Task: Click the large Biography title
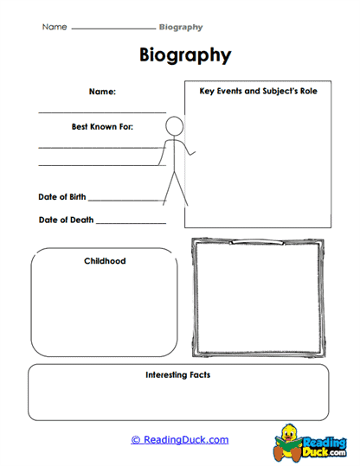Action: point(185,55)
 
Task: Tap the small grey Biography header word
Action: point(182,28)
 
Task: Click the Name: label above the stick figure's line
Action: point(102,91)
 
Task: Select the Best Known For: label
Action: point(102,126)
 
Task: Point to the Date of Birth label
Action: point(62,197)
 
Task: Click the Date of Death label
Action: point(66,220)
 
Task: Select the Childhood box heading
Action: point(105,260)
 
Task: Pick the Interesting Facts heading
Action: point(177,375)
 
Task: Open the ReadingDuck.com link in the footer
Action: point(180,440)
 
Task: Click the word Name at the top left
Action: point(55,28)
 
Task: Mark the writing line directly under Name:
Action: point(102,112)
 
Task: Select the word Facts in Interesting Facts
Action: point(197,375)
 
